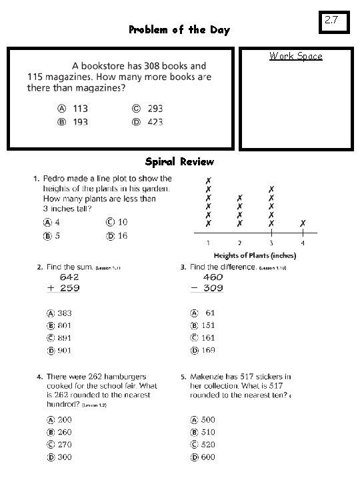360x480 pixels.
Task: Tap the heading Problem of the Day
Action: [179, 30]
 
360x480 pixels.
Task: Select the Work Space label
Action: [295, 56]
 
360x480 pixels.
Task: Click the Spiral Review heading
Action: [179, 162]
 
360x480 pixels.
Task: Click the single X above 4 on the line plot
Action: [303, 223]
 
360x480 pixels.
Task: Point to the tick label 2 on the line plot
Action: [240, 243]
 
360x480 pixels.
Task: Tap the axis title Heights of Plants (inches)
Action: [254, 255]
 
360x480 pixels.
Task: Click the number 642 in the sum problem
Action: [71, 276]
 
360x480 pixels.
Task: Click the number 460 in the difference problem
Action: [213, 276]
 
